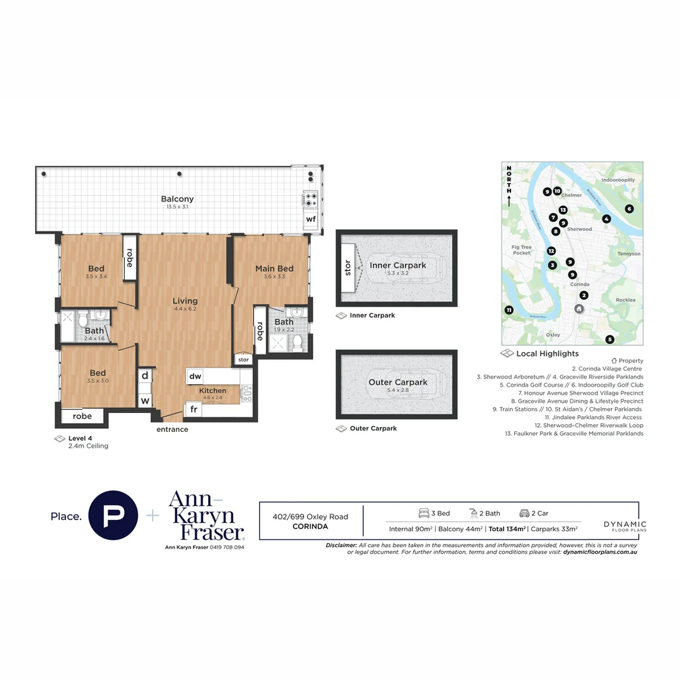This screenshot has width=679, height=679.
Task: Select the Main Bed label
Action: pyautogui.click(x=274, y=269)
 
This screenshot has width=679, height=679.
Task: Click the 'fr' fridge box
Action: pyautogui.click(x=193, y=409)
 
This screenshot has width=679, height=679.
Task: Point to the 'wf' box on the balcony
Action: pyautogui.click(x=311, y=219)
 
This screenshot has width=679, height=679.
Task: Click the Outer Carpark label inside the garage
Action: pyautogui.click(x=398, y=382)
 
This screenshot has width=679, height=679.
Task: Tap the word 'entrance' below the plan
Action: pyautogui.click(x=172, y=429)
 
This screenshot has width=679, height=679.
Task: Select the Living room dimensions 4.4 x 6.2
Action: pyautogui.click(x=185, y=309)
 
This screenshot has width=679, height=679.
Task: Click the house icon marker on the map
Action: pyautogui.click(x=579, y=309)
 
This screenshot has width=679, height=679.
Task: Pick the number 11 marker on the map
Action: pyautogui.click(x=509, y=309)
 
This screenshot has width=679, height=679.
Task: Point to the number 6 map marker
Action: pyautogui.click(x=629, y=209)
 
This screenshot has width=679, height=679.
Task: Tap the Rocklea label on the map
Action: pyautogui.click(x=626, y=300)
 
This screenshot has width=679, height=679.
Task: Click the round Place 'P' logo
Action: pyautogui.click(x=114, y=516)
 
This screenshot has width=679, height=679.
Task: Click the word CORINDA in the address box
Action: pyautogui.click(x=310, y=527)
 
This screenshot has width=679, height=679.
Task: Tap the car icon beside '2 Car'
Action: pyautogui.click(x=524, y=513)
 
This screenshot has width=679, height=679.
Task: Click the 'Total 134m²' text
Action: pyautogui.click(x=507, y=529)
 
